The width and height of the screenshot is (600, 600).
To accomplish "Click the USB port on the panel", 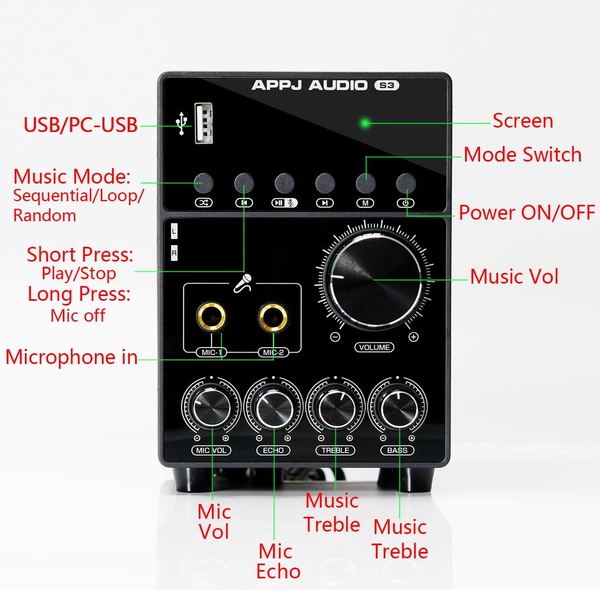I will tap(204, 123).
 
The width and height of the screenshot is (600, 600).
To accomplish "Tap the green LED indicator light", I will tap(365, 123).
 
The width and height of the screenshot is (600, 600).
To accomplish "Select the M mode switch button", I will tap(366, 184).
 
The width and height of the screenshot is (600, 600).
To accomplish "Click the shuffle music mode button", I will tap(204, 183).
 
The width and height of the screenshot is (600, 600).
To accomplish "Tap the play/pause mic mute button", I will tap(284, 184).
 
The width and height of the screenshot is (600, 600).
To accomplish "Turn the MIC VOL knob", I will tap(211, 407).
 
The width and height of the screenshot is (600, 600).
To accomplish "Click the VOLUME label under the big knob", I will tap(374, 347).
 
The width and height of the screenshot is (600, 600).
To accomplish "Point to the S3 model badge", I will tap(387, 85).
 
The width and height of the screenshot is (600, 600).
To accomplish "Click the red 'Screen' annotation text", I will tap(523, 121).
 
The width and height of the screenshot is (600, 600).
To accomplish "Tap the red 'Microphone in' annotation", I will tap(72, 357).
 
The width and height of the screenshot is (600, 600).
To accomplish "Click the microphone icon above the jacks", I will tap(243, 283).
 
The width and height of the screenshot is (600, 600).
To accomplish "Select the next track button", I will tap(325, 184).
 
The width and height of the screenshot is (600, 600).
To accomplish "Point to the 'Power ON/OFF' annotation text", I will tap(527, 212).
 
